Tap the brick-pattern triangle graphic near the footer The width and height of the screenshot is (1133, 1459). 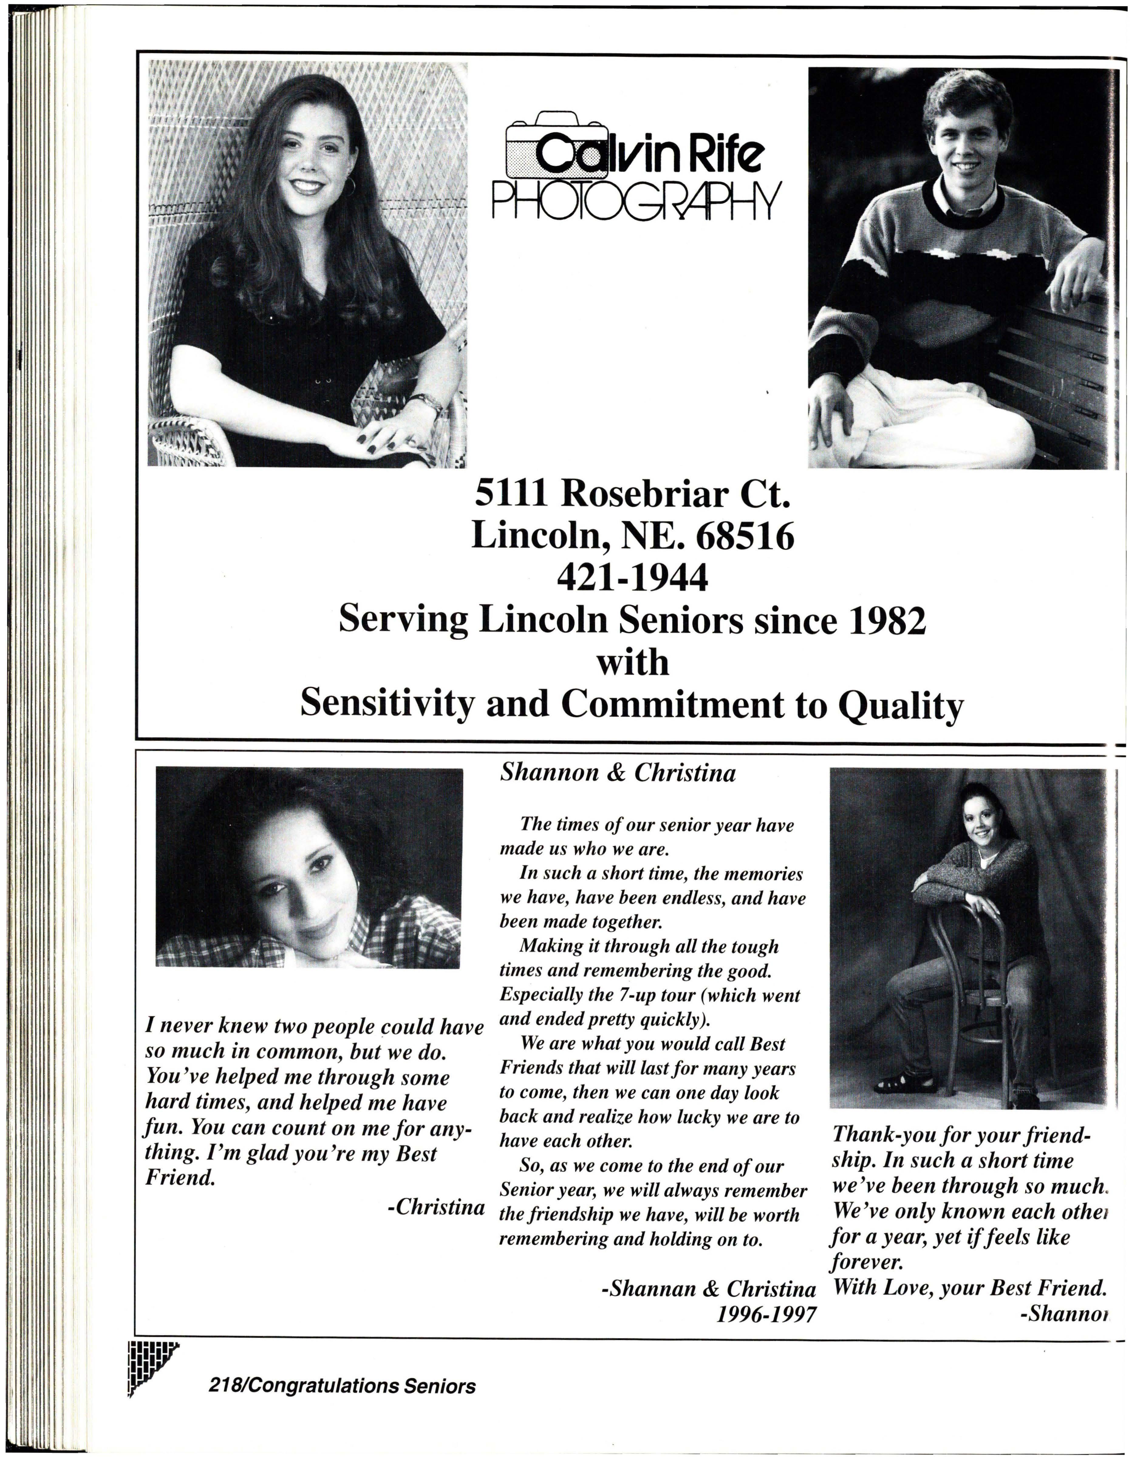click(x=147, y=1363)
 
